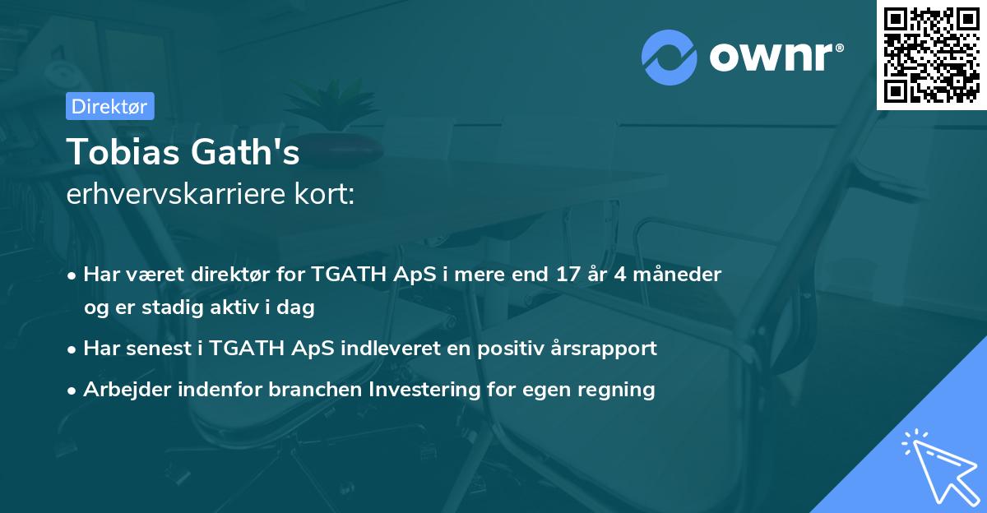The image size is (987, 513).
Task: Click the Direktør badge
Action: (109, 106)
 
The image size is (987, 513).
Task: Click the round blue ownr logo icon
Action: (669, 57)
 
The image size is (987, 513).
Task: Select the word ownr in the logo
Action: (774, 58)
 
